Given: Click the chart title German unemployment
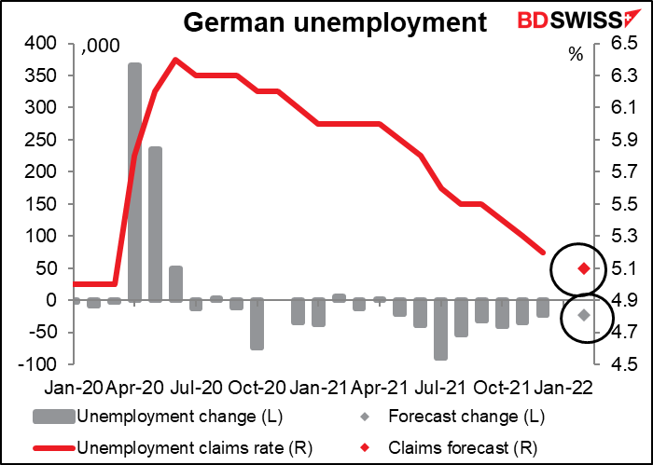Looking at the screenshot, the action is (335, 22).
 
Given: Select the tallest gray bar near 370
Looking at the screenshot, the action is (134, 182).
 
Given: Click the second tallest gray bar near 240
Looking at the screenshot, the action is (156, 225).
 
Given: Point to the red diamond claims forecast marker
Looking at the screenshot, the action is (584, 268).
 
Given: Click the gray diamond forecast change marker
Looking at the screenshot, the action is (584, 315).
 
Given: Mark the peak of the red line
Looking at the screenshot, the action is (175, 59).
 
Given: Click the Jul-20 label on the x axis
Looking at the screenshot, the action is (195, 388).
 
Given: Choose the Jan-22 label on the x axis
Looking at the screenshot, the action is (563, 388).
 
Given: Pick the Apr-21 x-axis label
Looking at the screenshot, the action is (381, 388).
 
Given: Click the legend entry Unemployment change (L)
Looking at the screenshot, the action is (158, 417).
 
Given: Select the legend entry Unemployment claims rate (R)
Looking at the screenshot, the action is (173, 447).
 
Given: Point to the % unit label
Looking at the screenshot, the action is (577, 54).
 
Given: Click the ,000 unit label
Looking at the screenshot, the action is (101, 47).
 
